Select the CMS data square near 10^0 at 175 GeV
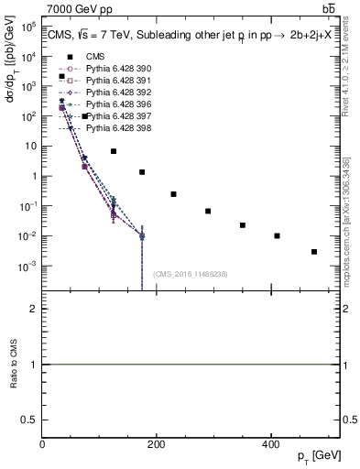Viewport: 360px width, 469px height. tap(142, 172)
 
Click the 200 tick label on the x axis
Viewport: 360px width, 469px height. tap(156, 444)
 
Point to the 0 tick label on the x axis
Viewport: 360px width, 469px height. tap(43, 444)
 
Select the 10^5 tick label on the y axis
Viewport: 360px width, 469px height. tap(28, 27)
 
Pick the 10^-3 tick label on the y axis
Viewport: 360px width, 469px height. tap(28, 267)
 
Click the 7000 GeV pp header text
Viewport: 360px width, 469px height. tap(73, 7)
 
